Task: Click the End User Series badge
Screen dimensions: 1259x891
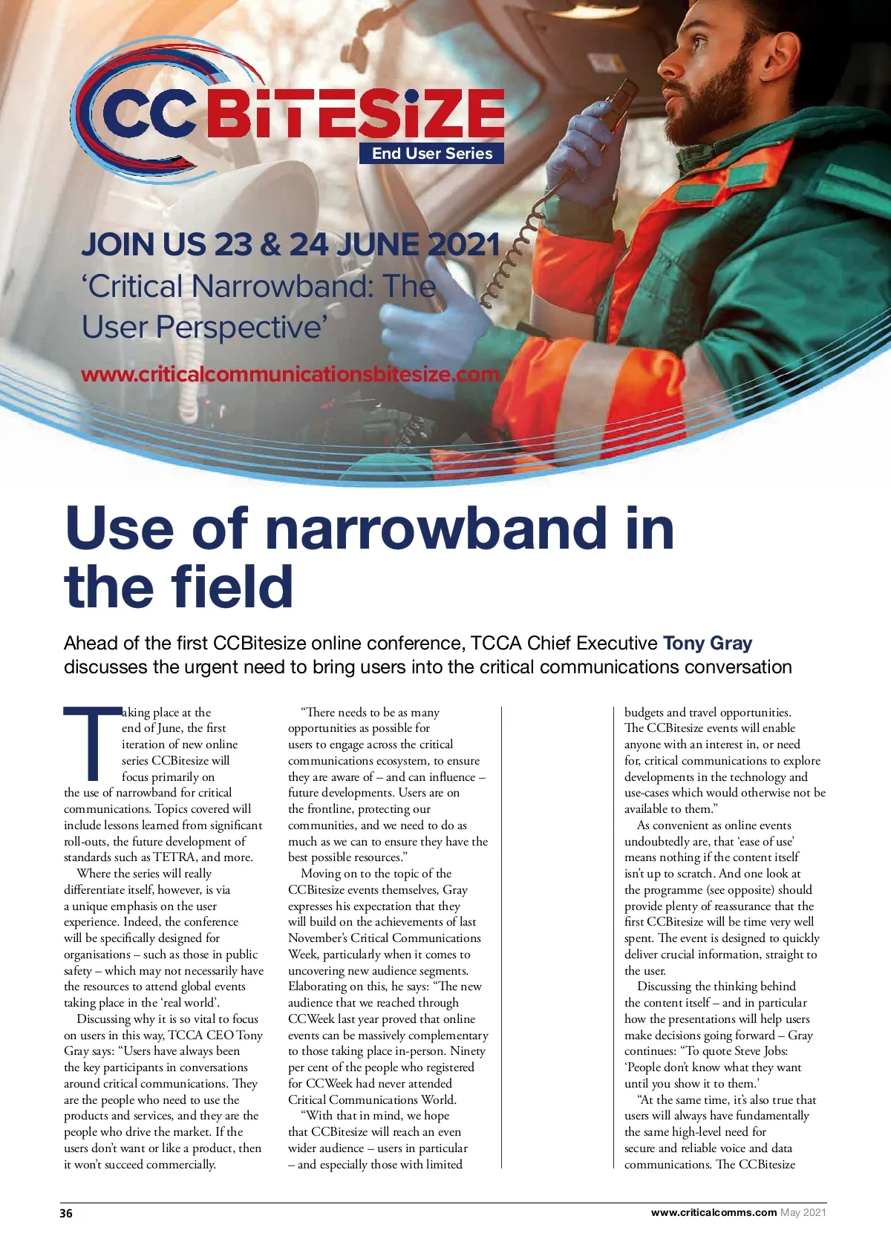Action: click(x=432, y=154)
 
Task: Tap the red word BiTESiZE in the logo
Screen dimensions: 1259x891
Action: click(x=355, y=113)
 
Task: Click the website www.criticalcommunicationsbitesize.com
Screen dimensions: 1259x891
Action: click(x=290, y=374)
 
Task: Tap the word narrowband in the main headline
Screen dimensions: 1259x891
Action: click(x=435, y=528)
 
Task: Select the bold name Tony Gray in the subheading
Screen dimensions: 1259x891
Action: click(x=707, y=643)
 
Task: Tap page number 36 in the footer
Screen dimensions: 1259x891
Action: click(x=66, y=1213)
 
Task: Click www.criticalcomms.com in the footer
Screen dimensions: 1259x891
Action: click(x=714, y=1212)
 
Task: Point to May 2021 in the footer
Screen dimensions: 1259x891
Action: click(x=803, y=1212)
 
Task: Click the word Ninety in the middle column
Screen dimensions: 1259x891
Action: click(x=468, y=1051)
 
